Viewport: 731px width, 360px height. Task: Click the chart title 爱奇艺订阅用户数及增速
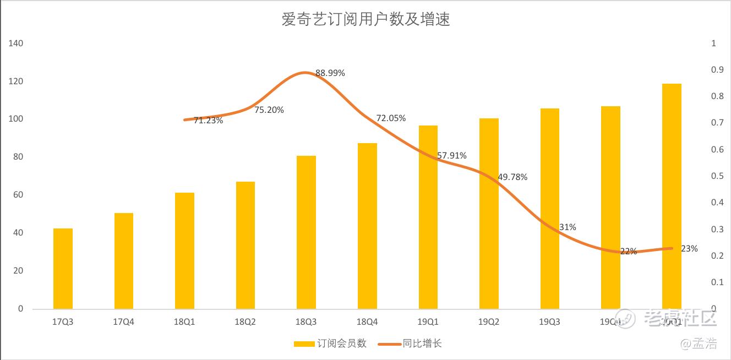coord(365,20)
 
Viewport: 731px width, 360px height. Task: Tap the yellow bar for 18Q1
coord(184,250)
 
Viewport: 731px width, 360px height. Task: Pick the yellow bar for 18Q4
coord(367,226)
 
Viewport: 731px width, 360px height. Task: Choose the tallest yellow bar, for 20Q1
coord(672,196)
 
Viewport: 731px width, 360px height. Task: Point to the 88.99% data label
coord(330,73)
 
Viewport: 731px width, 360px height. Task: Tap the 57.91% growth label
coord(452,156)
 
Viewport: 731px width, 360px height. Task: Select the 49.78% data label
coord(512,177)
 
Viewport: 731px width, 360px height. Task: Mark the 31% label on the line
coord(568,227)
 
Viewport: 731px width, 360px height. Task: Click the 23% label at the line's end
coord(689,248)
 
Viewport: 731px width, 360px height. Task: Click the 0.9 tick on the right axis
coord(717,70)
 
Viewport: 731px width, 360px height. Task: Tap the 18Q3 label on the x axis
coord(306,322)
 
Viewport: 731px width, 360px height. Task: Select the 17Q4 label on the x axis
coord(123,322)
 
